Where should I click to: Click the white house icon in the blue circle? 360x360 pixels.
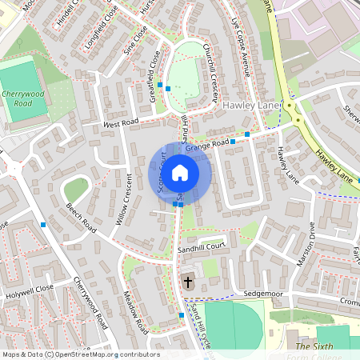click(180, 172)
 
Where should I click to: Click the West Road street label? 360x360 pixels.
click(121, 124)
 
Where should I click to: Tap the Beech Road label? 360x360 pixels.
click(82, 218)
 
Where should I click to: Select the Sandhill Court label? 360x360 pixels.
click(203, 250)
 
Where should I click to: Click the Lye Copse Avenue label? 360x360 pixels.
click(241, 47)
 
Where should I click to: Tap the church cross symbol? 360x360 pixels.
click(188, 282)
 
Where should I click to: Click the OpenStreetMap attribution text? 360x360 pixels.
click(80, 354)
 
